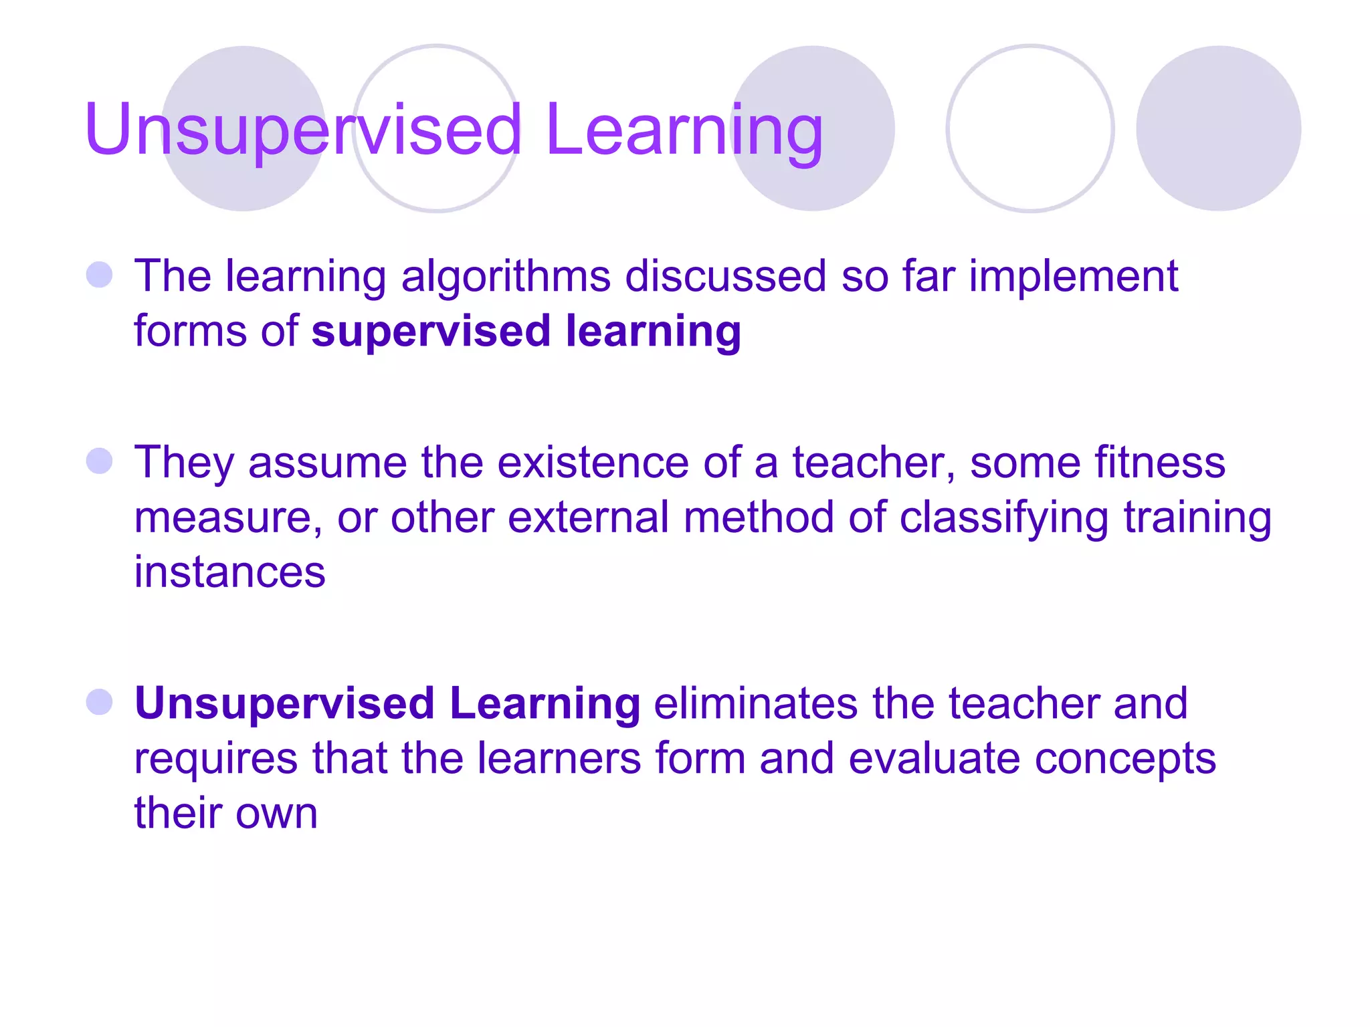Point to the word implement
[x=1073, y=277]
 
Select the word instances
[x=229, y=572]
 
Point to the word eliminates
[x=755, y=703]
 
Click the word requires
[x=215, y=760]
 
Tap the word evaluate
[x=934, y=758]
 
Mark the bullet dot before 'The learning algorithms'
[x=100, y=275]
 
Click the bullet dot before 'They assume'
[x=100, y=461]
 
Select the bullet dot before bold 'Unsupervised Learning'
[x=100, y=702]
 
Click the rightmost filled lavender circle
[x=1218, y=128]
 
